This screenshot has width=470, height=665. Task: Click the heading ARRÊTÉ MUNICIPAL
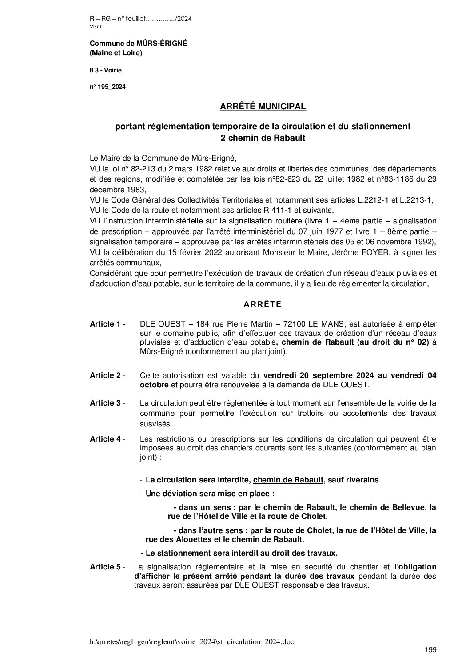click(263, 107)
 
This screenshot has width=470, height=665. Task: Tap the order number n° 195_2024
click(108, 87)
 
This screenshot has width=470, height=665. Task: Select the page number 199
click(430, 650)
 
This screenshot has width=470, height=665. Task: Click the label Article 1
click(108, 324)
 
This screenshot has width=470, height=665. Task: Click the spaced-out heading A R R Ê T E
click(263, 304)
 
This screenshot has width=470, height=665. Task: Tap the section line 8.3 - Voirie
click(106, 70)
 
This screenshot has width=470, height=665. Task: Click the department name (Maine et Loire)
click(116, 53)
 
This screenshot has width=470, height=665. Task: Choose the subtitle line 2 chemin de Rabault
click(263, 138)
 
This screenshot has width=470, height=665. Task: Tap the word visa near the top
click(95, 26)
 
